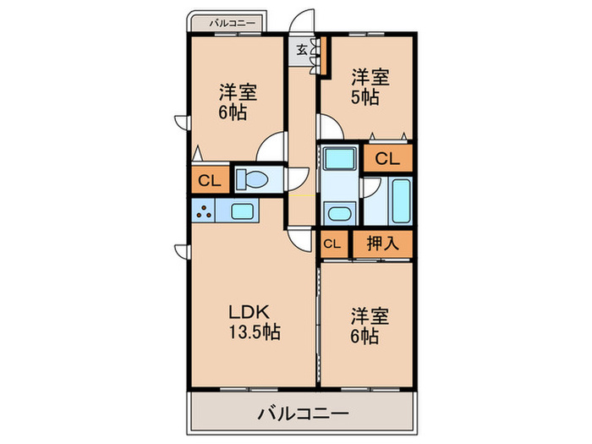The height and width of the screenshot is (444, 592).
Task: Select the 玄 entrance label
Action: (301, 49)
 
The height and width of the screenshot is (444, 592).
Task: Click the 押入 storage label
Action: (381, 244)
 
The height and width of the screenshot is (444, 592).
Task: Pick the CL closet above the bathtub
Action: (388, 157)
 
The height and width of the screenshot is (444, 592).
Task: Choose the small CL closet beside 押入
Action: (332, 244)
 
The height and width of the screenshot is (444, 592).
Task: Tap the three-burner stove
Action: (203, 210)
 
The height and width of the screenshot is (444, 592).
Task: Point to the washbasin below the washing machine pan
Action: (339, 212)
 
